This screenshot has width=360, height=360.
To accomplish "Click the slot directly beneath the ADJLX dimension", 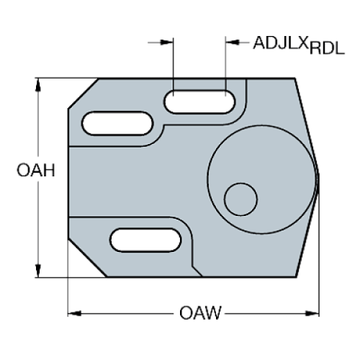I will [x=200, y=101].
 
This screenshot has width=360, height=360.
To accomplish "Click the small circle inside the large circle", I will [x=240, y=198].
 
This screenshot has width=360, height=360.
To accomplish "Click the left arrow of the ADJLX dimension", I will [x=168, y=42].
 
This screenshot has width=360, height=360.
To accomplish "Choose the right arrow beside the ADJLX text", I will [x=232, y=42].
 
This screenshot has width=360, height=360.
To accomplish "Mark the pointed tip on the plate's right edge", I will [x=318, y=173].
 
